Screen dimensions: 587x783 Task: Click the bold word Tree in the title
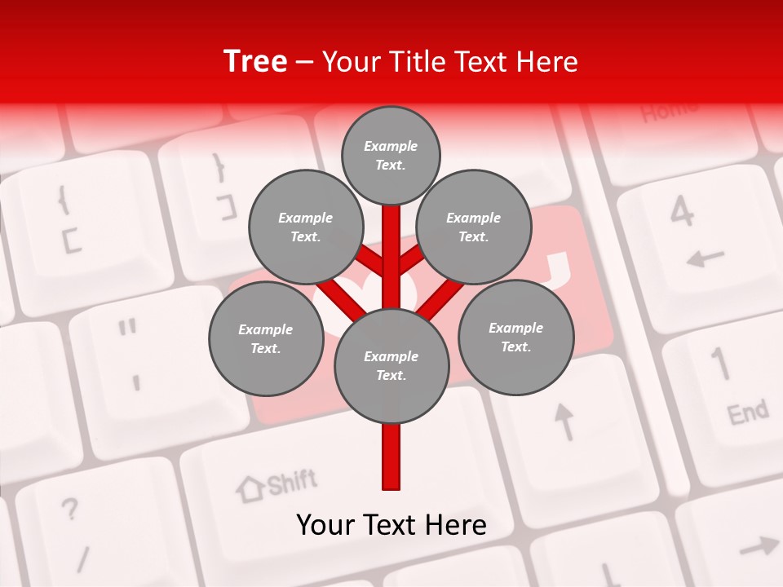[x=255, y=62]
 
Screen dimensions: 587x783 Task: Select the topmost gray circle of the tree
[x=391, y=155]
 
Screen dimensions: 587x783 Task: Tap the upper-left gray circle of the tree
[x=306, y=227]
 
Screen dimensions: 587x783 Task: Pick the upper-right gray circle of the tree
[x=474, y=227]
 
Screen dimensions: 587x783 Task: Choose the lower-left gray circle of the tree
[x=266, y=339]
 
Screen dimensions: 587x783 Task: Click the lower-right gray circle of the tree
[x=516, y=338]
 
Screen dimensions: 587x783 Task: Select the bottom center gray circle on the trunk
[x=391, y=366]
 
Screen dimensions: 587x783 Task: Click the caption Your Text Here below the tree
[x=391, y=525]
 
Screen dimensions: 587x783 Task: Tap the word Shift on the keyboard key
[x=291, y=483]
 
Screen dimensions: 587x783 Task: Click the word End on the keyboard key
[x=748, y=413]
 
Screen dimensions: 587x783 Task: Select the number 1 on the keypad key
[x=719, y=364]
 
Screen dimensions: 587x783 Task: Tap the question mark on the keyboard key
[x=71, y=510]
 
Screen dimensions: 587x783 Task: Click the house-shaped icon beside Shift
[x=250, y=488]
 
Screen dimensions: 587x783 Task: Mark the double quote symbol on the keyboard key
[x=126, y=329]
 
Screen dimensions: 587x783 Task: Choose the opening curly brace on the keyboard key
[x=62, y=200]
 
